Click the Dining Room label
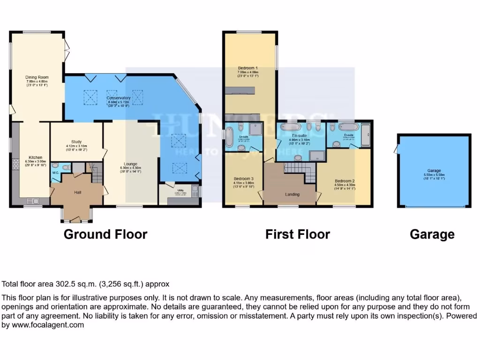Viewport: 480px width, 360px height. point(37,77)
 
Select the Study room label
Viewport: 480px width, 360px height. point(76,141)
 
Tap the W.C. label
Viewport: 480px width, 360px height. point(55,172)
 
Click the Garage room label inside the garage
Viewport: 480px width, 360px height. point(434,171)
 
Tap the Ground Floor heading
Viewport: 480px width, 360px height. point(105,234)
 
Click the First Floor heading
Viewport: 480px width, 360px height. point(298,234)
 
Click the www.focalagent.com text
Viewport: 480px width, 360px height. point(43,324)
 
